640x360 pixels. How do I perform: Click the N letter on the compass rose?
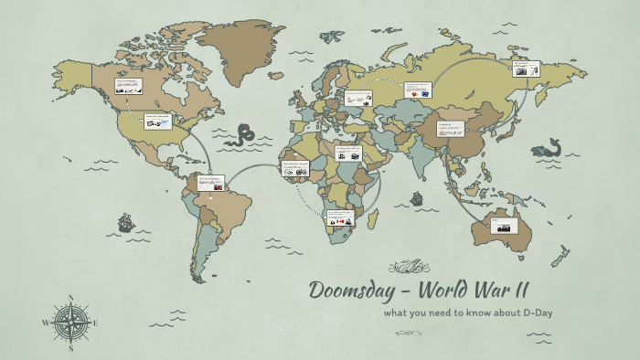pos(71,297)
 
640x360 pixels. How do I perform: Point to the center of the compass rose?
pos(71,323)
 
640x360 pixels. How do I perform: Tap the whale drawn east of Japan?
pos(549,147)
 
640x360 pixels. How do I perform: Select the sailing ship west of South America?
pos(125,222)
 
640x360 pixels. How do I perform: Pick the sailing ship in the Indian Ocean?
pos(418,196)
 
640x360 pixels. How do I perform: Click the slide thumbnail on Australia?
pos(505,224)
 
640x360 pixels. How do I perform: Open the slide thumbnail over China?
pos(450,129)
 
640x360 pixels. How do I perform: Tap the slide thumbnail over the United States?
pos(157,121)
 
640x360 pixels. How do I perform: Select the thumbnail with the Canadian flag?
pos(340,218)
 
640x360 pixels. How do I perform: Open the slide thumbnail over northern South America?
pos(210,183)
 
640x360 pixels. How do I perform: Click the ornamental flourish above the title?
pos(409,267)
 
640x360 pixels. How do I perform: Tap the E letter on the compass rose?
pos(96,323)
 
